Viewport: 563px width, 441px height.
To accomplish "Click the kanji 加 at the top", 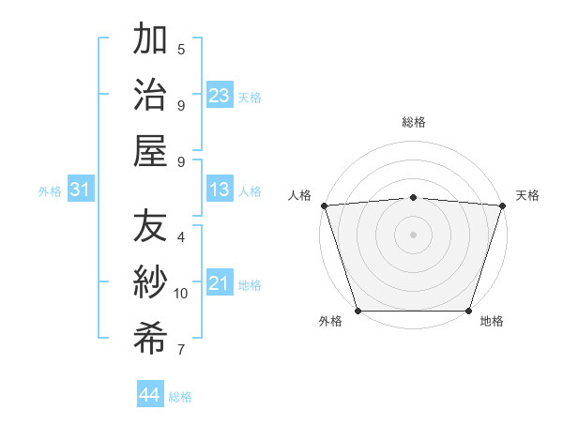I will coord(150,41).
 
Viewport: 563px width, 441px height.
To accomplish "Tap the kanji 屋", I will coord(150,149).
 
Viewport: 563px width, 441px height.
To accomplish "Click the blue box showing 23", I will coord(220,95).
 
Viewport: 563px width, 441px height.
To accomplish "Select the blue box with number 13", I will coord(220,190).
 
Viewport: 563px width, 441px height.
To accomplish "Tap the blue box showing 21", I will coord(220,283).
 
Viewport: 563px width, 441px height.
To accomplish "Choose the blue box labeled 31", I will coord(81,190).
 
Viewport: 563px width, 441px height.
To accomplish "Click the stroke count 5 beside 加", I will coord(181,49).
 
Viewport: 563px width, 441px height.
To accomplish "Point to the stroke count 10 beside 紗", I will coord(181,294).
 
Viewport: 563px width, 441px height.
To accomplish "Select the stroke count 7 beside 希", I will coord(181,351).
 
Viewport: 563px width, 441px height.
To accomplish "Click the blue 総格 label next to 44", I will coord(180,397).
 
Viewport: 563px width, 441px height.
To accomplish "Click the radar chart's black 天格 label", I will coord(527,195).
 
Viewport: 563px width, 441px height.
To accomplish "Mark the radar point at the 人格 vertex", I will coord(324,205).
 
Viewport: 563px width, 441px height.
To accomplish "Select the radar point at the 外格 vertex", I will coord(358,311).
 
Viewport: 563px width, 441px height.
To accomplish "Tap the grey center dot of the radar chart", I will coord(413,234).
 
